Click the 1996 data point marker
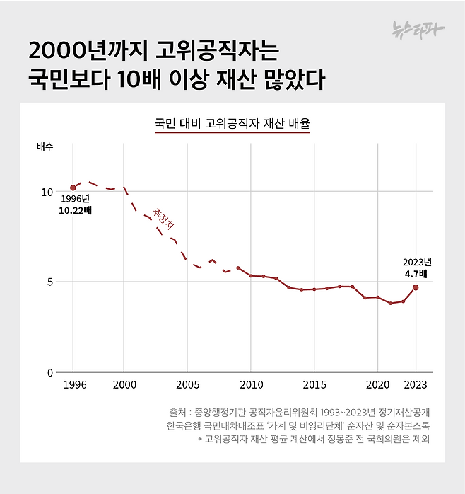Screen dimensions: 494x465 (x=73, y=188)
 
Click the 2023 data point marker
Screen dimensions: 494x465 (x=416, y=287)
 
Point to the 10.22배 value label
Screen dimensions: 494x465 (x=76, y=211)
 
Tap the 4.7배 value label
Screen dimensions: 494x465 (x=416, y=273)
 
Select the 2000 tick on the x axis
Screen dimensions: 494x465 (x=124, y=384)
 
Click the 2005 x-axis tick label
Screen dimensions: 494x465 (x=187, y=384)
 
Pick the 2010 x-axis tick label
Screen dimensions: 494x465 (x=250, y=384)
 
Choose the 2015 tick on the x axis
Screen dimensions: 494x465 (x=314, y=384)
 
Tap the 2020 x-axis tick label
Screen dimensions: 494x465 (x=377, y=384)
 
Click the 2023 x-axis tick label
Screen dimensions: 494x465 (x=416, y=384)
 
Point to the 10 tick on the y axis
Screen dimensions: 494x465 (x=47, y=192)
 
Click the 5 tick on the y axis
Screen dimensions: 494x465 (x=49, y=282)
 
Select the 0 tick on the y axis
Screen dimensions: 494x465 (x=49, y=372)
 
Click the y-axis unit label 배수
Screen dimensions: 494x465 (x=45, y=147)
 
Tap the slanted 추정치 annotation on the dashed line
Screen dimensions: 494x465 (x=163, y=217)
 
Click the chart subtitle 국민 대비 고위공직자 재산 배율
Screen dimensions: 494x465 (x=232, y=123)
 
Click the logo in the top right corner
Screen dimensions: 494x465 (x=420, y=29)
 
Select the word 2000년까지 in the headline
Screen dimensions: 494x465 (x=83, y=51)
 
